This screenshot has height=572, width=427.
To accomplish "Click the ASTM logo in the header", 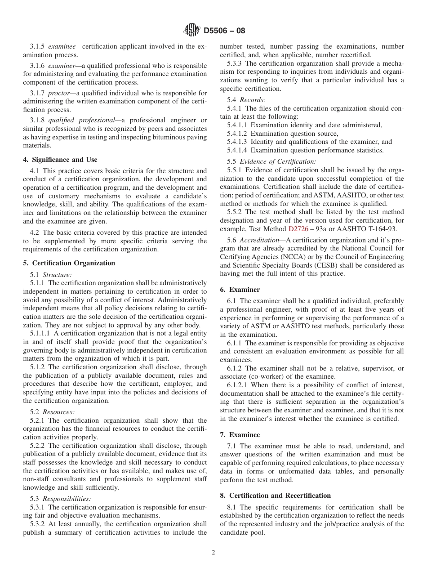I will tap(191, 31).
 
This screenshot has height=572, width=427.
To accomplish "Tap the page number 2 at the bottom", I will tap(213, 553).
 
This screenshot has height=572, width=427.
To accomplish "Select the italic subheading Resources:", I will tap(58, 411).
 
